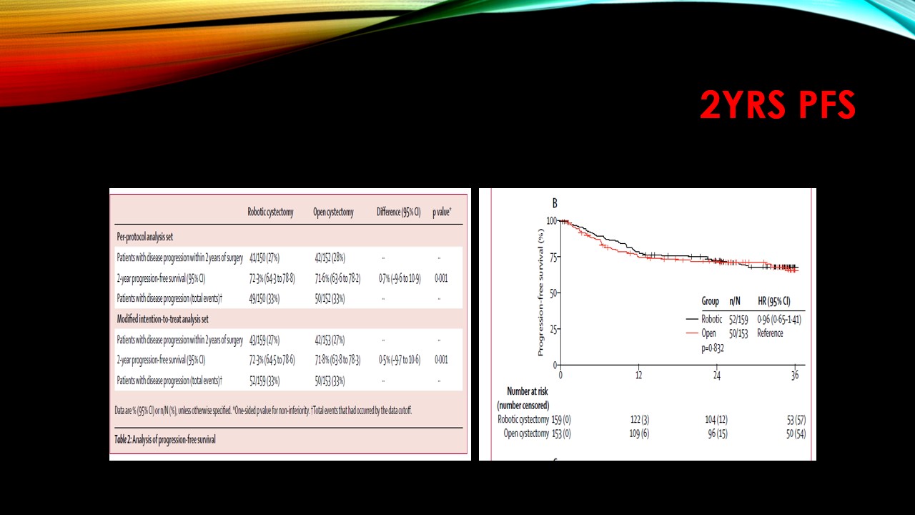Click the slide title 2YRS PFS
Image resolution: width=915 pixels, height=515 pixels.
click(x=777, y=106)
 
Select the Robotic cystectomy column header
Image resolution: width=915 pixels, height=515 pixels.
click(x=270, y=212)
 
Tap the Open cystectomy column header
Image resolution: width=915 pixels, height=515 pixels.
click(x=333, y=212)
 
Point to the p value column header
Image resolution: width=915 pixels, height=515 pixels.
click(x=442, y=212)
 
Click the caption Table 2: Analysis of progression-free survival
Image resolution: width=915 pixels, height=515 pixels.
click(x=165, y=438)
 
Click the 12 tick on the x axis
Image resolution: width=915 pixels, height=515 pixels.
click(x=638, y=376)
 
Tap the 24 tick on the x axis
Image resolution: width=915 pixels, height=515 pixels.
click(x=716, y=376)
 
